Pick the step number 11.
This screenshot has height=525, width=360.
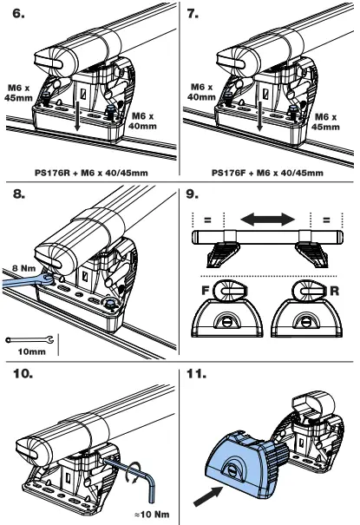(x=199, y=375)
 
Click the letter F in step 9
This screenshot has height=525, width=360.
(x=200, y=290)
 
